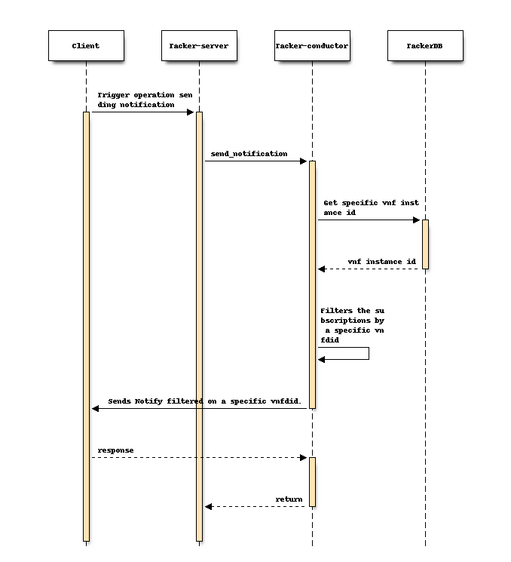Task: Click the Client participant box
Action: pyautogui.click(x=86, y=46)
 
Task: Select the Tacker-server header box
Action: pyautogui.click(x=199, y=46)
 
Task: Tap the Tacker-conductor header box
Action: pyautogui.click(x=312, y=46)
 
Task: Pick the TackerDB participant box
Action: pyautogui.click(x=425, y=46)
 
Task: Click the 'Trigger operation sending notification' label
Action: pyautogui.click(x=145, y=100)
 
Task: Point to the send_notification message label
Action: pyautogui.click(x=249, y=154)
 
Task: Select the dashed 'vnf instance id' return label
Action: pyautogui.click(x=381, y=262)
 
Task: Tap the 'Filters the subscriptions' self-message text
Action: pyautogui.click(x=353, y=325)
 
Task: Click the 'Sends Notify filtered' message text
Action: pyautogui.click(x=204, y=401)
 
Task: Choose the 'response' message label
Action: pyautogui.click(x=115, y=450)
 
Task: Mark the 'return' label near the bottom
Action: pyautogui.click(x=289, y=499)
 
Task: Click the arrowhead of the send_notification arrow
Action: pyautogui.click(x=303, y=161)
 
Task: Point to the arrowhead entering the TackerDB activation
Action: pyautogui.click(x=416, y=220)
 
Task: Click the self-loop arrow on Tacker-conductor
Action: pyautogui.click(x=368, y=354)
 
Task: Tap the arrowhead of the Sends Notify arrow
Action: pyautogui.click(x=96, y=409)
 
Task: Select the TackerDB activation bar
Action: pyautogui.click(x=425, y=244)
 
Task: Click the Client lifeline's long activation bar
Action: pyautogui.click(x=86, y=324)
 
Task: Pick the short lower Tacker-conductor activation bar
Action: pyautogui.click(x=312, y=481)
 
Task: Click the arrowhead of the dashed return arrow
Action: pyautogui.click(x=209, y=507)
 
